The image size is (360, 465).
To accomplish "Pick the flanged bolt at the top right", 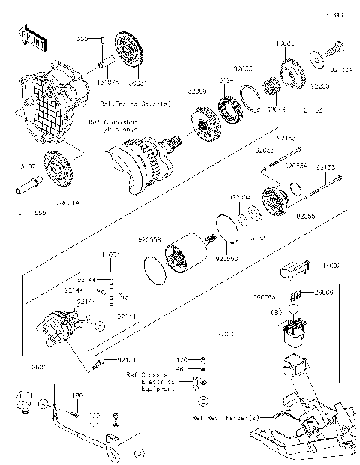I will (334, 52).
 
